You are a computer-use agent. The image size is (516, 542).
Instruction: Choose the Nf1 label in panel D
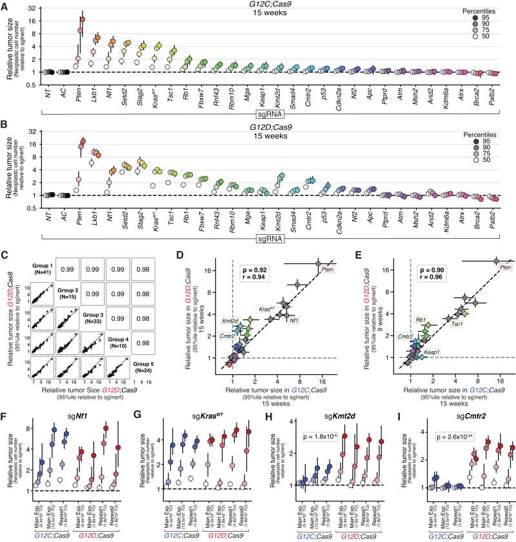[x=295, y=319]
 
